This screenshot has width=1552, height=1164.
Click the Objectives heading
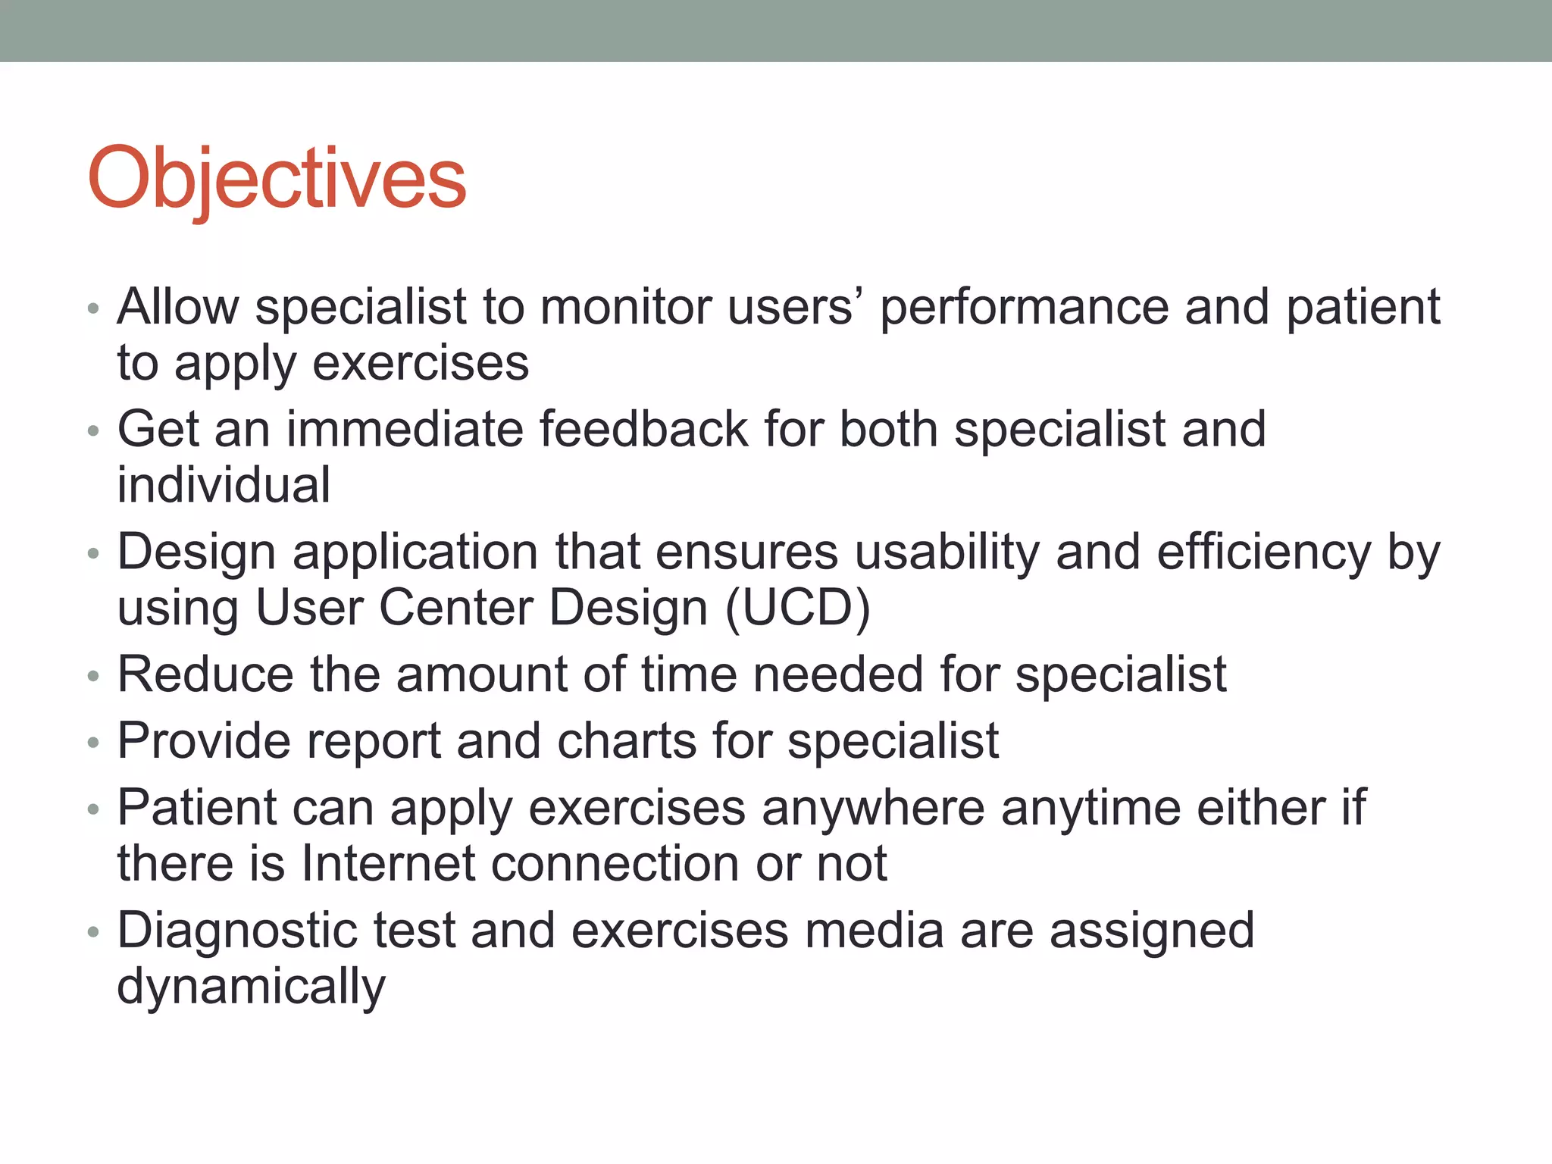click(x=277, y=179)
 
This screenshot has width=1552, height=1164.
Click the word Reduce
click(x=205, y=674)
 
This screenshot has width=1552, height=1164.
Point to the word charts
click(x=626, y=740)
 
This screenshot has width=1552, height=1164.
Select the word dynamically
click(x=251, y=986)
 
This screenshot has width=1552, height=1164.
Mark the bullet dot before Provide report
click(x=93, y=743)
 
